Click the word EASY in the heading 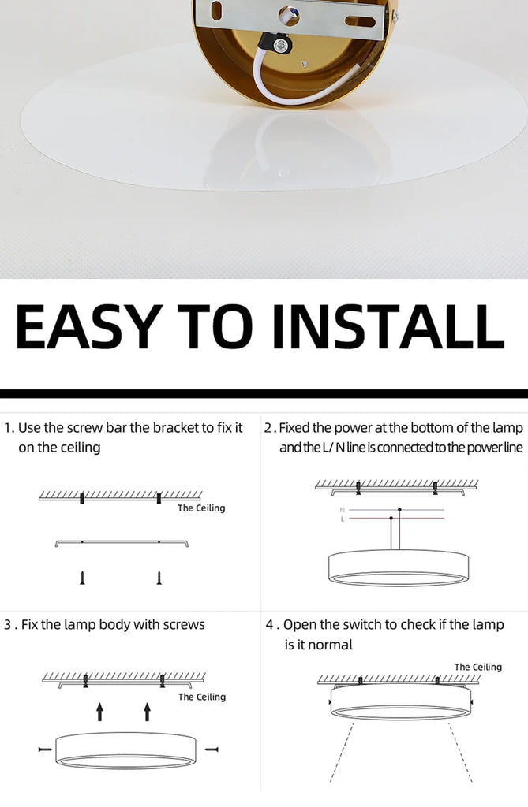point(85,326)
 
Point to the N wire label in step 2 point(342,510)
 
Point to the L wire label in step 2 point(342,519)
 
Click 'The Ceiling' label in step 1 point(201,508)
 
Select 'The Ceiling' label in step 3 point(201,697)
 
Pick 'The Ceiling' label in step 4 point(478,667)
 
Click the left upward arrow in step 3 point(100,712)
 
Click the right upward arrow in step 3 point(148,712)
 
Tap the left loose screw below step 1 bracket point(82,578)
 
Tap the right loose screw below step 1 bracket point(159,578)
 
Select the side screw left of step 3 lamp point(45,749)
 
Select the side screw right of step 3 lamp point(212,749)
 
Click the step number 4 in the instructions point(270,625)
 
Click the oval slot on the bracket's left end point(216,9)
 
